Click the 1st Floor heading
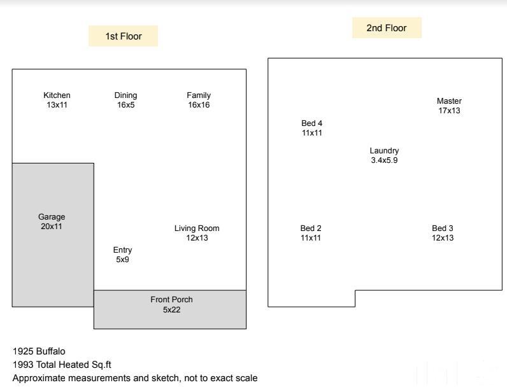click(124, 36)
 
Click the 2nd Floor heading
click(387, 28)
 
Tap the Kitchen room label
click(57, 95)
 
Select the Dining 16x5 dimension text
click(125, 105)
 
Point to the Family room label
click(199, 95)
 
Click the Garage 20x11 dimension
click(52, 226)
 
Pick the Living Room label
click(197, 228)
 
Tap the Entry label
click(122, 250)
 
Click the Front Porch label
click(171, 300)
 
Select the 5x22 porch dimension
click(172, 310)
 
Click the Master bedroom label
click(449, 101)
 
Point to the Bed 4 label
click(311, 123)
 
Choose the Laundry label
click(384, 151)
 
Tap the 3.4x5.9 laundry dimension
click(384, 160)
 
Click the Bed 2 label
click(311, 228)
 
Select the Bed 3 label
click(443, 228)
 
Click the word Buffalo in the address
click(50, 351)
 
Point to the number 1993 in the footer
click(24, 365)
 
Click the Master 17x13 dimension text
click(449, 111)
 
